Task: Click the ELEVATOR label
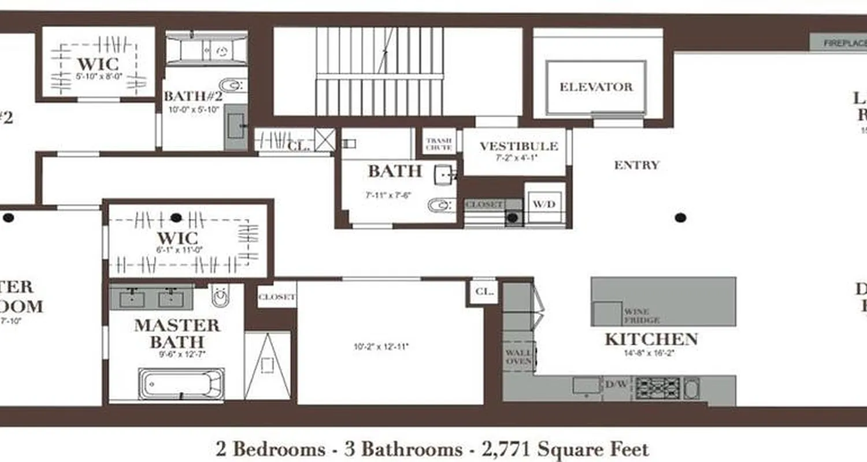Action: [596, 87]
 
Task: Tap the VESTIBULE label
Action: [518, 146]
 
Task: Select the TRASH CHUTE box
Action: [439, 143]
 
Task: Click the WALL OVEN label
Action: [518, 356]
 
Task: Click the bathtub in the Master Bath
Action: [181, 383]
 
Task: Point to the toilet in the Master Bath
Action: [220, 296]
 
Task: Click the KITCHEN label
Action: [651, 339]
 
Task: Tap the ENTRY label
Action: [636, 165]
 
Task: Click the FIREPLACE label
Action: [844, 42]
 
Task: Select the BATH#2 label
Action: [191, 96]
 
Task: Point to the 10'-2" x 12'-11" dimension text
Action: [381, 347]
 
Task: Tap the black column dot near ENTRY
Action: [681, 218]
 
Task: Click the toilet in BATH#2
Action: [231, 85]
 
